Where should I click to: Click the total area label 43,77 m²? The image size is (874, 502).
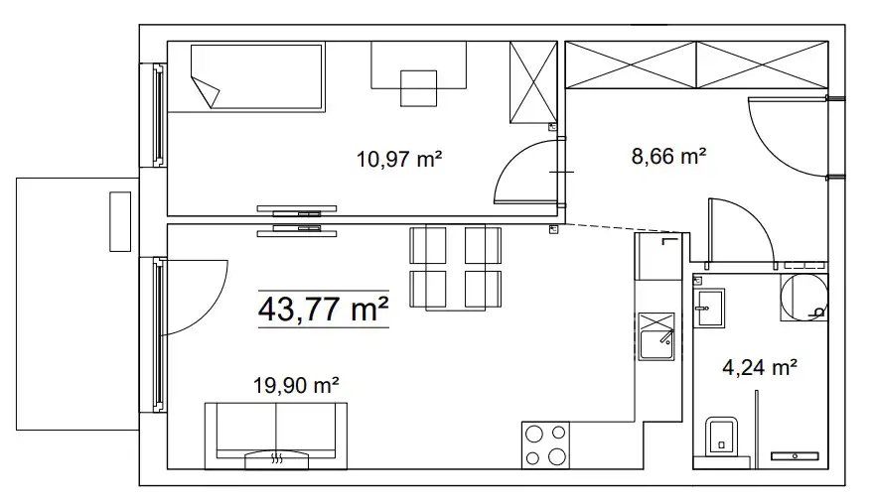tap(324, 309)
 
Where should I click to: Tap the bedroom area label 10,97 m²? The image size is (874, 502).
tap(399, 159)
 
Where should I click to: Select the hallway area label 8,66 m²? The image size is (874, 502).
tap(668, 157)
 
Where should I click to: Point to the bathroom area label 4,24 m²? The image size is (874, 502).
tap(759, 367)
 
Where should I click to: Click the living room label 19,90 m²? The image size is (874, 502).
tap(296, 385)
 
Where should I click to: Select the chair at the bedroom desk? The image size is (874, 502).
tap(418, 88)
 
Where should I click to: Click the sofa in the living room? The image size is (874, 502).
tap(276, 436)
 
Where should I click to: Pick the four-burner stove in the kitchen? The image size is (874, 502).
tap(545, 444)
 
